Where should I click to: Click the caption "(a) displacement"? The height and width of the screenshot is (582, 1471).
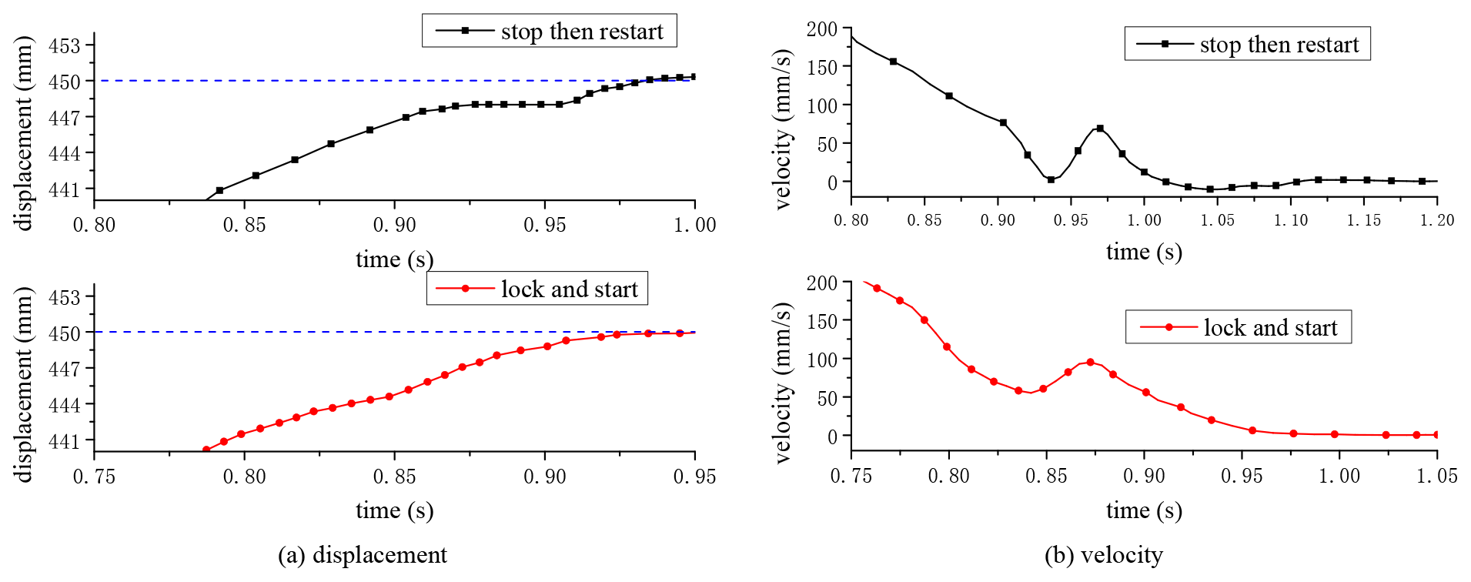coord(362,555)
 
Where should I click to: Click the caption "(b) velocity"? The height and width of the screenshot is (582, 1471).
coord(1103,555)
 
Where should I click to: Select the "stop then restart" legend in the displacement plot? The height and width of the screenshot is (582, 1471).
coord(549,31)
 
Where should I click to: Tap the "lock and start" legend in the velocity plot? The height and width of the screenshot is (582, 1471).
coord(1238,327)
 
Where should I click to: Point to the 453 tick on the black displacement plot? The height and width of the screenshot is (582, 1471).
coord(65,45)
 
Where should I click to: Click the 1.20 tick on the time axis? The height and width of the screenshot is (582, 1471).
coord(1436,220)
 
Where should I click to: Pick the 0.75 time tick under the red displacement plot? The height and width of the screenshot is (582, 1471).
coord(94,477)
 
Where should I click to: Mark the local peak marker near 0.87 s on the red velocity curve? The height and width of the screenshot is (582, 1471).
coord(1090,362)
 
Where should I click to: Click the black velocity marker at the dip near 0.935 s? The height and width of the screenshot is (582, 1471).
coord(1051,179)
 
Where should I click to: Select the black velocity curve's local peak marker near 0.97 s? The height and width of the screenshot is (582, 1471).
coord(1100,129)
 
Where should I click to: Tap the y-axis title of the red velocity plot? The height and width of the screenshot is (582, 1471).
coord(783,383)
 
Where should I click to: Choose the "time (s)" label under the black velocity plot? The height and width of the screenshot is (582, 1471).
coord(1144,252)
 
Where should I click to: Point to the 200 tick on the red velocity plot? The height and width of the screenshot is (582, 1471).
coord(822,283)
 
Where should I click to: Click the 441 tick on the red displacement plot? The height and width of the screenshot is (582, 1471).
coord(65,441)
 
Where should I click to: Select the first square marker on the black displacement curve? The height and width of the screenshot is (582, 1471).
coord(220,190)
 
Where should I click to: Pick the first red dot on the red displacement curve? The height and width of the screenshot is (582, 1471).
coord(206,450)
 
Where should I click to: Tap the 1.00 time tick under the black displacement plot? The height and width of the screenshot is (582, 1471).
coord(695,225)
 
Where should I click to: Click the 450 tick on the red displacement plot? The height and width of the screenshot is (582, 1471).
coord(65,333)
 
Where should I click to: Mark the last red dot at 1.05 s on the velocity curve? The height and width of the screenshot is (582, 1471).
coord(1436,435)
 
